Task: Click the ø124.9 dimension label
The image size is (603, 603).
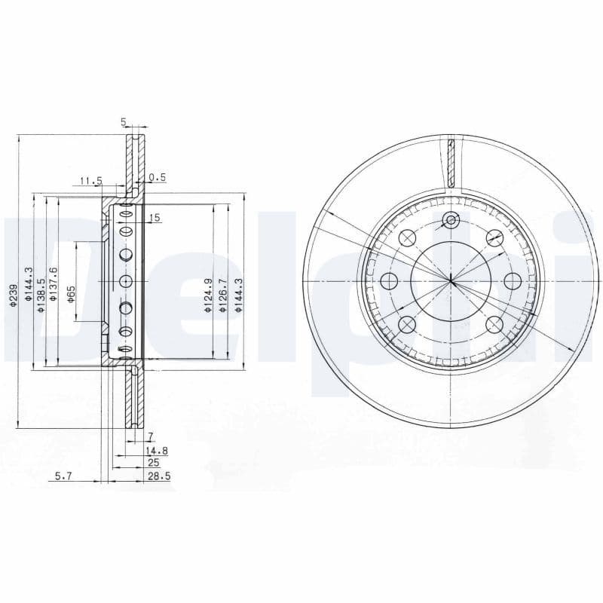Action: click(x=207, y=295)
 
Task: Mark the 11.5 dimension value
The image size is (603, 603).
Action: click(x=90, y=180)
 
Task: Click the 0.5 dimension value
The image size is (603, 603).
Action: click(x=157, y=178)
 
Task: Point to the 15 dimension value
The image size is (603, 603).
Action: click(x=155, y=218)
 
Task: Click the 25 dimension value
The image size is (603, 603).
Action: click(x=153, y=463)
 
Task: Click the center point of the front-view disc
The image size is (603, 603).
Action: click(x=451, y=282)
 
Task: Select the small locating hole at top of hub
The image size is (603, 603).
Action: click(x=451, y=220)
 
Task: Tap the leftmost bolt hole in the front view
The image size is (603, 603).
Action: click(x=389, y=282)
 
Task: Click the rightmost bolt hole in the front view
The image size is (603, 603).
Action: click(x=513, y=281)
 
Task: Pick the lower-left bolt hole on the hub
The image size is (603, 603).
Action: click(x=407, y=325)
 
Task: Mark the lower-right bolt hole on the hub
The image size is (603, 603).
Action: click(x=494, y=325)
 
